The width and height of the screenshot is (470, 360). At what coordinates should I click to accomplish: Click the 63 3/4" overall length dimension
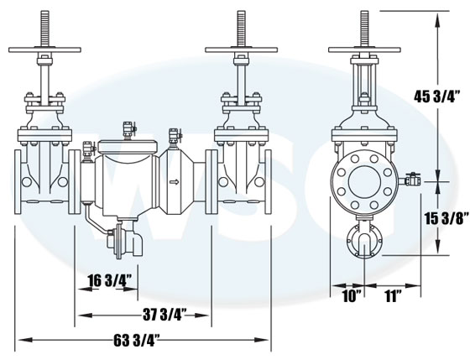(x=136, y=340)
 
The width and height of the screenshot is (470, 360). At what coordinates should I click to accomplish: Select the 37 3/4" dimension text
(x=164, y=315)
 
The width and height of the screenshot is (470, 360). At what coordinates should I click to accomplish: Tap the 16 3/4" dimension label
(x=110, y=281)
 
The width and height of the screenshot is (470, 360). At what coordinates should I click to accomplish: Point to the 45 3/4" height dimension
(x=436, y=97)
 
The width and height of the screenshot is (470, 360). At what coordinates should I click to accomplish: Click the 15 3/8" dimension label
(x=446, y=219)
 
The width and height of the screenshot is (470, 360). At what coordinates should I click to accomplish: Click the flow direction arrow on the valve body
(x=175, y=181)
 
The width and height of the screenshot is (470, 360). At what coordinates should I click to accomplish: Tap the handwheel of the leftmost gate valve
(x=44, y=50)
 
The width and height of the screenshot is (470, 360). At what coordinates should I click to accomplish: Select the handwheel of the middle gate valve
(x=242, y=50)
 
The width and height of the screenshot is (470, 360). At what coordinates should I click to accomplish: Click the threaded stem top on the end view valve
(x=364, y=28)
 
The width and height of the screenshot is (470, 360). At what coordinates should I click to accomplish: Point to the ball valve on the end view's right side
(x=410, y=180)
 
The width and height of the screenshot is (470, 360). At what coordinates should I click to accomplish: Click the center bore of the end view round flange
(x=365, y=181)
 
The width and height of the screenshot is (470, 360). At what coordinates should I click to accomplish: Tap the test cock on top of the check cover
(x=129, y=131)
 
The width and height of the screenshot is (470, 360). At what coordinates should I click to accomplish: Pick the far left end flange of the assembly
(x=18, y=181)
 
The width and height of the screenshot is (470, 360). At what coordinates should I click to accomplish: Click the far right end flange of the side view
(x=269, y=181)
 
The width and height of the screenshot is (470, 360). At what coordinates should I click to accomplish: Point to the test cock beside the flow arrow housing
(x=175, y=138)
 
